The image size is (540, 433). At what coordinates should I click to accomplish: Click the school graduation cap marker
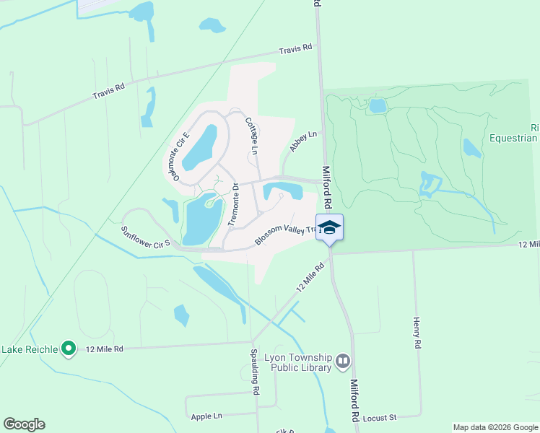tap(329, 227)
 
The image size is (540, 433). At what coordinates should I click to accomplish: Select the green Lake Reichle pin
tap(69, 349)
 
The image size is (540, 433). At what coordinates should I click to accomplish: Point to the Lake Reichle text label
tap(29, 349)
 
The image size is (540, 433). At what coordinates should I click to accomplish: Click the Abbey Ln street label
tap(303, 140)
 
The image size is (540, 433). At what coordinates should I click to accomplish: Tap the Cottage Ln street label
tap(251, 135)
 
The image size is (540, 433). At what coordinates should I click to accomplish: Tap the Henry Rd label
tap(417, 333)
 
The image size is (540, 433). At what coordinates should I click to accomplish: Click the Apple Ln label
tap(206, 416)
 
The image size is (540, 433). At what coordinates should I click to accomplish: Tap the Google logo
tap(24, 424)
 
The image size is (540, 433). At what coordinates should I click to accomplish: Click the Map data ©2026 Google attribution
tap(495, 427)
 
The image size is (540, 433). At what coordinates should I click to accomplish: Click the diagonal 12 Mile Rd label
tap(310, 276)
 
